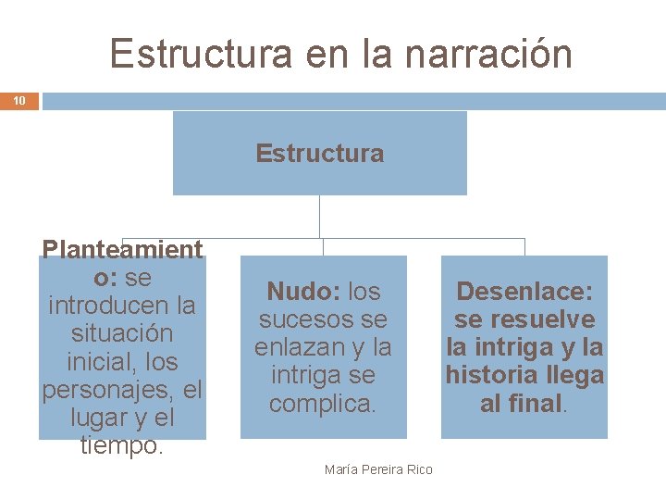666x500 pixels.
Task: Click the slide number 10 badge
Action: click(x=19, y=100)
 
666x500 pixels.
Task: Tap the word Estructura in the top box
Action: click(x=319, y=153)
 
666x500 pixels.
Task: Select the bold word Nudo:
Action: click(x=302, y=292)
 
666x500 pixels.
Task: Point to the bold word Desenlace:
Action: click(x=524, y=292)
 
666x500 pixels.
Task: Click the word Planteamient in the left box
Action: click(x=122, y=250)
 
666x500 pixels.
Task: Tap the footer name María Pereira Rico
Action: click(x=378, y=469)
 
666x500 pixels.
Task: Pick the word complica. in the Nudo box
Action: click(x=323, y=404)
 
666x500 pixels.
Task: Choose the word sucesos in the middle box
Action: click(x=302, y=320)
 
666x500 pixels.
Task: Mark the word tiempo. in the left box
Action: click(x=122, y=445)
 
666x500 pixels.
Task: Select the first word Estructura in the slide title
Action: click(x=193, y=53)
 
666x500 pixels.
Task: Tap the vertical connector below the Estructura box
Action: click(x=319, y=217)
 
